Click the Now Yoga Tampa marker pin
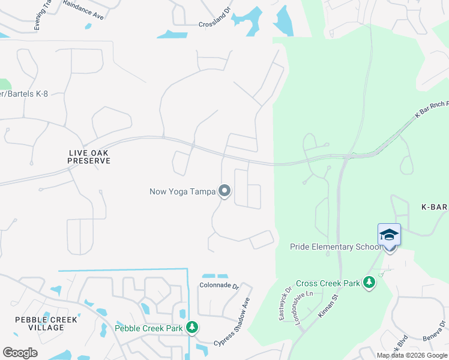224,191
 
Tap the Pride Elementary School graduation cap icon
389,235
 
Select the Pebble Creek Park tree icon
192,328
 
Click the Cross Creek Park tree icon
369,283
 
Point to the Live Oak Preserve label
89,157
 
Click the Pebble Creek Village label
46,324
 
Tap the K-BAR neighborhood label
435,207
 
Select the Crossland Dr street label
214,25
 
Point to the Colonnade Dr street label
220,286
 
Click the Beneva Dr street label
433,332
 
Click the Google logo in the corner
20,353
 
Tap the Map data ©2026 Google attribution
411,355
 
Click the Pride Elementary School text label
335,247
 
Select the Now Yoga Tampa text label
181,192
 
